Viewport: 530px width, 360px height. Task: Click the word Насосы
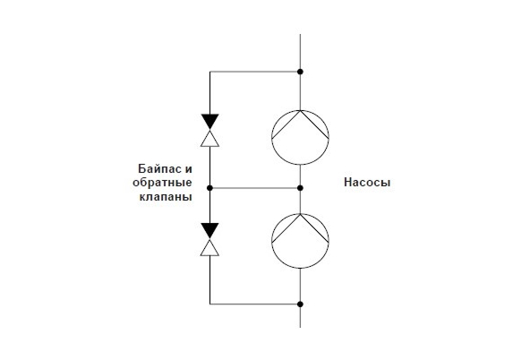coord(367,183)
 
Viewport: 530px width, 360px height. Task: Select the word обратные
coord(162,183)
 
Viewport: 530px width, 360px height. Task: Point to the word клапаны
coord(166,197)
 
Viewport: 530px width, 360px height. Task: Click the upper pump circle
coord(272,137)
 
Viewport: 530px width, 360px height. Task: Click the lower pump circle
coord(272,241)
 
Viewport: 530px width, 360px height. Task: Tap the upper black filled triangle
coord(209,121)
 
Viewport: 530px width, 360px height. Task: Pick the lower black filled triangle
coord(209,229)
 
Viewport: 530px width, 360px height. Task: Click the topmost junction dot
coord(300,72)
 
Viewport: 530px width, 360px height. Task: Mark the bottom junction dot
coord(300,304)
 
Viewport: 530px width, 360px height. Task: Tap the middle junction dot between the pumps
coord(300,188)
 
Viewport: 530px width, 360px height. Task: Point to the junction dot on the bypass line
coord(209,188)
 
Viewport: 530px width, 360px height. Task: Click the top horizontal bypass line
coord(255,72)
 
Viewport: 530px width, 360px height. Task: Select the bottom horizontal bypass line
coord(255,304)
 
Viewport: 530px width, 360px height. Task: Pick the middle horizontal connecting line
coord(255,188)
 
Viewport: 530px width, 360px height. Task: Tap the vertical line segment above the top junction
coord(300,53)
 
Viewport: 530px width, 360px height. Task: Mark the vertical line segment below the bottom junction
coord(300,316)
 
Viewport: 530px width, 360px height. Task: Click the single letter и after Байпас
coord(189,168)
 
